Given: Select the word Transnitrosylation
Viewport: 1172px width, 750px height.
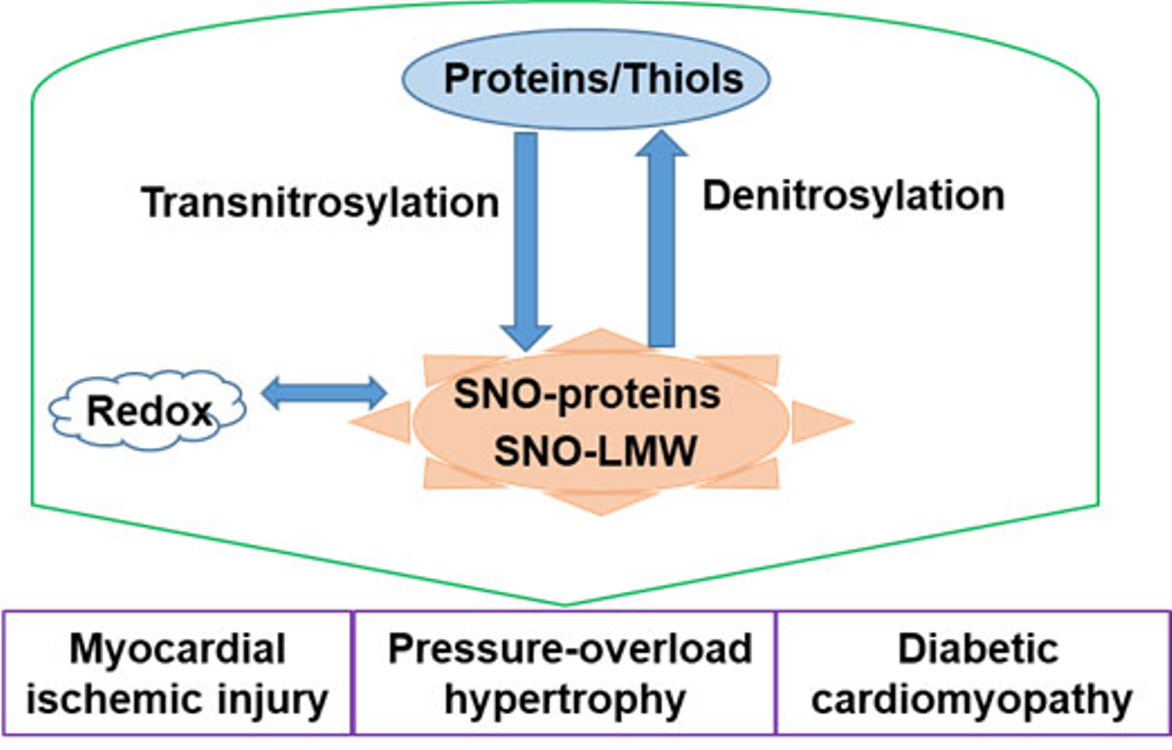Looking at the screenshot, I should [x=320, y=203].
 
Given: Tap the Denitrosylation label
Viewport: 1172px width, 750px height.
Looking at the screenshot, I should [x=853, y=195].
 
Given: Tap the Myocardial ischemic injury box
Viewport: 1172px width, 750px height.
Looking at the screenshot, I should [x=176, y=674].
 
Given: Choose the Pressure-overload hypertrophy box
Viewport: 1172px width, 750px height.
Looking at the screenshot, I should [x=564, y=674].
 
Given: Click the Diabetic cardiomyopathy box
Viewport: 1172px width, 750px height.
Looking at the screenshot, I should [x=972, y=674].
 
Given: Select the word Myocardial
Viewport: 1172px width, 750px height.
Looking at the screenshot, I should [x=177, y=648].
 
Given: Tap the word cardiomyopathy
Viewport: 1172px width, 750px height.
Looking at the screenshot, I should [x=972, y=699].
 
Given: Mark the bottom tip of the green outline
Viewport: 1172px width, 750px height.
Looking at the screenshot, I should [x=565, y=605].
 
